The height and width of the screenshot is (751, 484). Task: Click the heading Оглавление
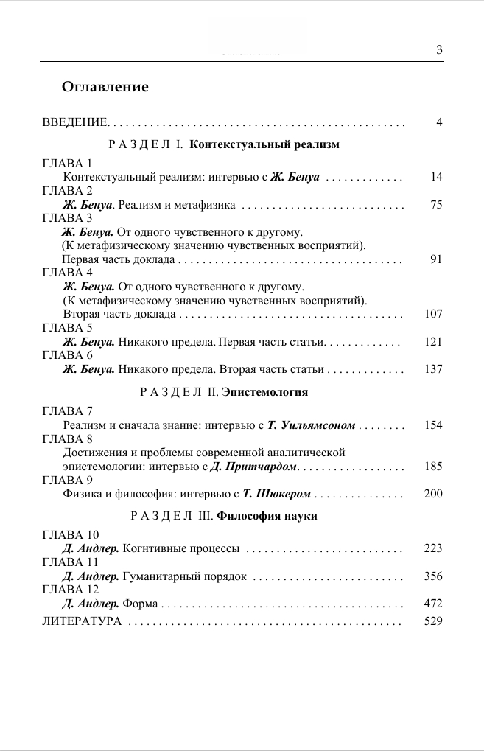pos(105,87)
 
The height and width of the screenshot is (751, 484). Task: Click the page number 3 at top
pos(439,50)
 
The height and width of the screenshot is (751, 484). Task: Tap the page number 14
pos(436,178)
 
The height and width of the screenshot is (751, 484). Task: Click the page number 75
pos(436,205)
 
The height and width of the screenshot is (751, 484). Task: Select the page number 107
pos(434,314)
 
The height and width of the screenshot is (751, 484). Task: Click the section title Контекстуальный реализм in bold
pos(264,144)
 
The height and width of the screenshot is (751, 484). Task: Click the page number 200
pos(434,494)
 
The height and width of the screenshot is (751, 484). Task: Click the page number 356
pos(434,576)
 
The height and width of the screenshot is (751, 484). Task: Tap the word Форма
pos(140,604)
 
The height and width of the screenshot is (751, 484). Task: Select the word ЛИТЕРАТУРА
pos(82,622)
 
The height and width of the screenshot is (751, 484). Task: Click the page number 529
pos(434,622)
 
